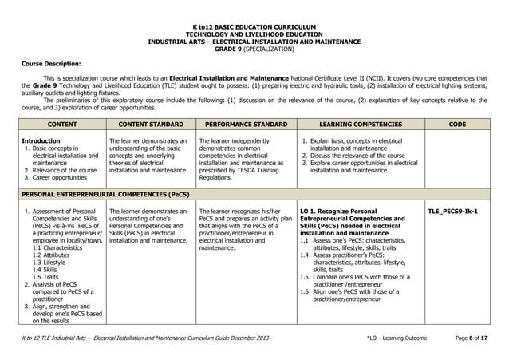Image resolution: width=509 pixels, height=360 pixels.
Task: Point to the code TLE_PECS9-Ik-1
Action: tap(453, 212)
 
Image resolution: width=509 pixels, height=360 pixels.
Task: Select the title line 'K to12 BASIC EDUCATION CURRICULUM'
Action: tap(254, 27)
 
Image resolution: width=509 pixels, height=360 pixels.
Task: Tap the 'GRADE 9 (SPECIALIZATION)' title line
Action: tap(254, 49)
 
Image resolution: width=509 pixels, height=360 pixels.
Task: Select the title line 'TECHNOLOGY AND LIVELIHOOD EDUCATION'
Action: tap(254, 34)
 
